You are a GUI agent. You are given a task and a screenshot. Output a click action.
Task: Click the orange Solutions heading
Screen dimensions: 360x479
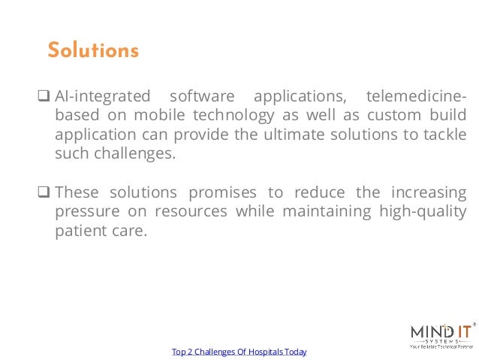(x=93, y=51)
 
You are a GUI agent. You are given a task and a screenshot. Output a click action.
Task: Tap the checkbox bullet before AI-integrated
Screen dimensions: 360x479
(x=44, y=96)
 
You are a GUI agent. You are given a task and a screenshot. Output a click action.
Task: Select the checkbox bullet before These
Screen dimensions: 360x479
(x=44, y=192)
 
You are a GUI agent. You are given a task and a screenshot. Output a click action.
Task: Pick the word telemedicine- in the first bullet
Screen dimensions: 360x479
(x=415, y=96)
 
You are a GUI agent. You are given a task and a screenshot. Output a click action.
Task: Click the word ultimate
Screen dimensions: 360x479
(x=289, y=135)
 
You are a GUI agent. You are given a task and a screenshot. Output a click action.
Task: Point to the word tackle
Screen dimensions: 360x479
(x=444, y=135)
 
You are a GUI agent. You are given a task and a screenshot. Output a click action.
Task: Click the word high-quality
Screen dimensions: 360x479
(x=421, y=212)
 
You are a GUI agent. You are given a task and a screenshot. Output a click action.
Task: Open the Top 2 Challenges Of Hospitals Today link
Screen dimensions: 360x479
(x=239, y=352)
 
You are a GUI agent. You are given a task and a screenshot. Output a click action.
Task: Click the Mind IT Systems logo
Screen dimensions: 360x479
(x=441, y=335)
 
